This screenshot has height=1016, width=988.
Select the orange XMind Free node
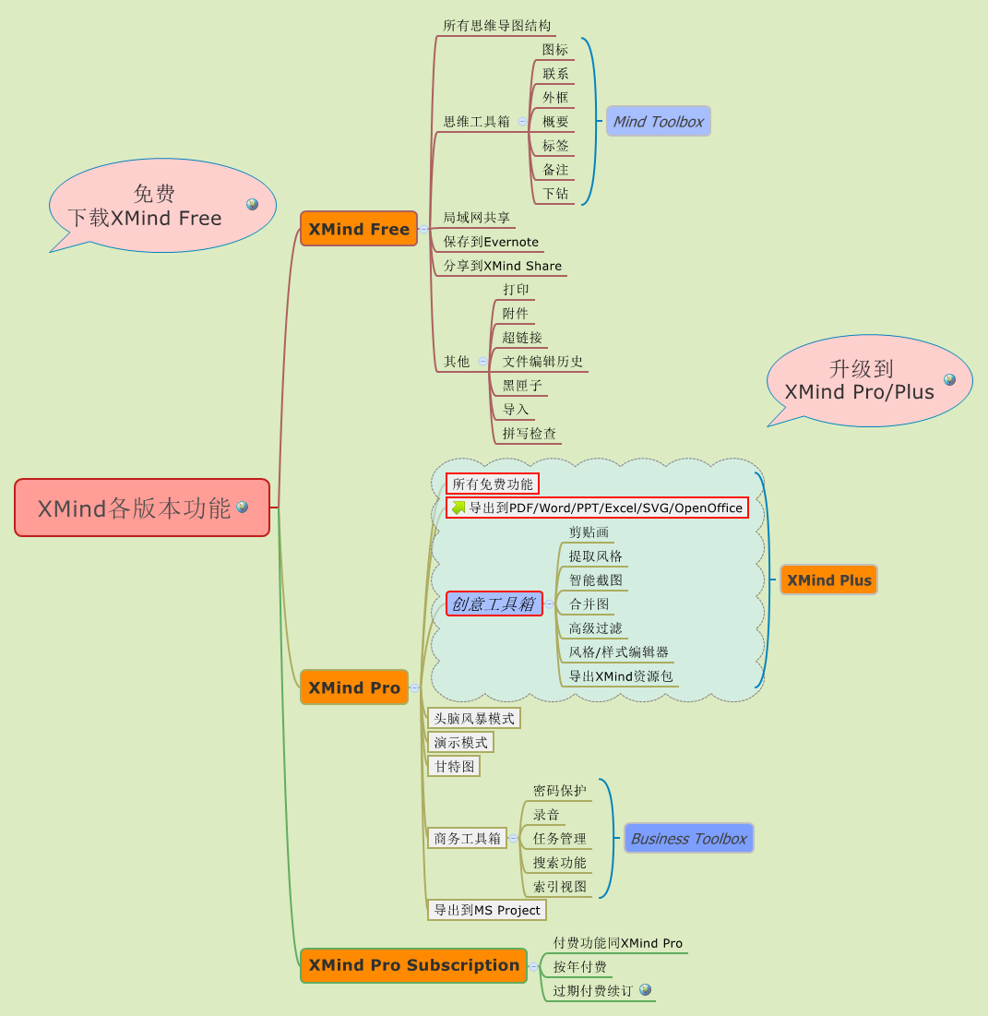(359, 229)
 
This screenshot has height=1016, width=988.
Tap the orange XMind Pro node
(354, 687)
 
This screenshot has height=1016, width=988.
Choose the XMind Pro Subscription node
(413, 965)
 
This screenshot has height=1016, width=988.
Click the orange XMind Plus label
(828, 580)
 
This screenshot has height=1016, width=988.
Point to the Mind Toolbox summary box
(658, 122)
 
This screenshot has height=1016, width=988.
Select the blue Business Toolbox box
(688, 839)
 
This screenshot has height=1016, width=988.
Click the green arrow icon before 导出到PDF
(458, 508)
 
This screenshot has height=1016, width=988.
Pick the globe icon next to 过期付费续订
(646, 989)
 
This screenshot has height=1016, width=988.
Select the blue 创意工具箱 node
(494, 604)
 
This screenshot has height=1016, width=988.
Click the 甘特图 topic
(454, 767)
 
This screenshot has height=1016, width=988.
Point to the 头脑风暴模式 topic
(474, 718)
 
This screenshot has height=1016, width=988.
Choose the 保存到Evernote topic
(491, 242)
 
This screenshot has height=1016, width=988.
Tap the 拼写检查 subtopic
(529, 434)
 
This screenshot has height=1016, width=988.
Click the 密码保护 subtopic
(559, 791)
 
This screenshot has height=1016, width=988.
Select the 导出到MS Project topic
(487, 911)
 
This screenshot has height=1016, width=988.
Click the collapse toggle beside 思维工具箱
(522, 121)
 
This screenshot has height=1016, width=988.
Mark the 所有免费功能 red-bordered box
(493, 484)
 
